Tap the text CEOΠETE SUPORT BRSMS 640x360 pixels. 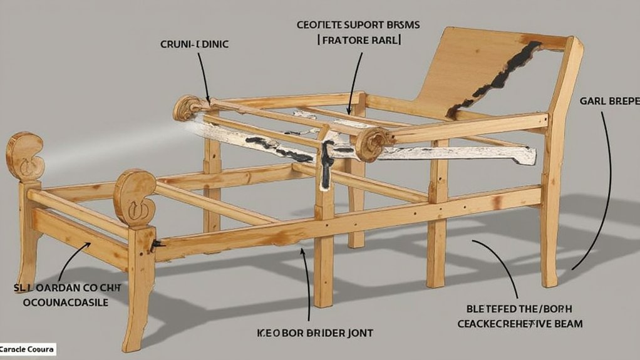(x=358, y=25)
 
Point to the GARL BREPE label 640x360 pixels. (x=605, y=100)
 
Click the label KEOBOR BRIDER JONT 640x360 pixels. (x=315, y=333)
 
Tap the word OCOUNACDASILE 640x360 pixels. (x=65, y=302)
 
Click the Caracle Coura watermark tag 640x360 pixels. (x=28, y=349)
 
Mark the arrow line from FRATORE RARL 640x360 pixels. (x=354, y=75)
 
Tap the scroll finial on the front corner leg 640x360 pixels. (x=133, y=197)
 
